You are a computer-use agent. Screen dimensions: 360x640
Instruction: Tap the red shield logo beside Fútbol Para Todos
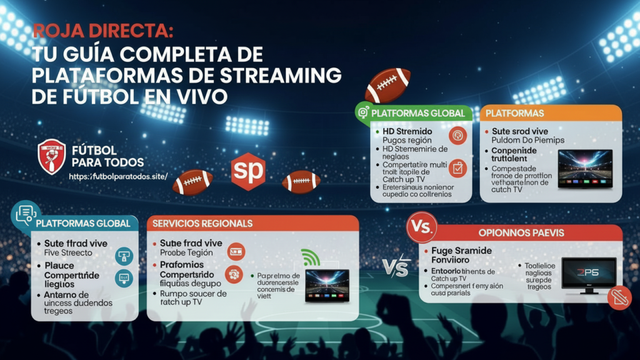tap(51, 156)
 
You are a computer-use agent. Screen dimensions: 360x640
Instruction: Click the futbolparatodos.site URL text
tap(118, 176)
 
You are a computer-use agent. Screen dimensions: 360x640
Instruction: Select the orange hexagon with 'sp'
tap(248, 171)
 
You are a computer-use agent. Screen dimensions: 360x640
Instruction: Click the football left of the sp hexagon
tap(192, 182)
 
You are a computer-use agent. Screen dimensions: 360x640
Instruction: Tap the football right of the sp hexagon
tap(301, 182)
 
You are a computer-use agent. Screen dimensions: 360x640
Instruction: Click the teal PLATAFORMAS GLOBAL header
tap(83, 223)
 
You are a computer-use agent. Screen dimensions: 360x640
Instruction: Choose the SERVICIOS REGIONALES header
tap(202, 223)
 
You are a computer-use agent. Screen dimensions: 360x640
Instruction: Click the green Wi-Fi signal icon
tap(310, 257)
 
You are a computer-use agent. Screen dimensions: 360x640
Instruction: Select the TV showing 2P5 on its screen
tap(588, 274)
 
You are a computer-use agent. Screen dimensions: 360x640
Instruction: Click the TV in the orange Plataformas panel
tap(585, 168)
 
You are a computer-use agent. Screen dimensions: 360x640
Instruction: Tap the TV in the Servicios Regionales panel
tap(327, 286)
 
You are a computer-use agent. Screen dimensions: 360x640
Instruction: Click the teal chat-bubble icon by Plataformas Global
tap(26, 214)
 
